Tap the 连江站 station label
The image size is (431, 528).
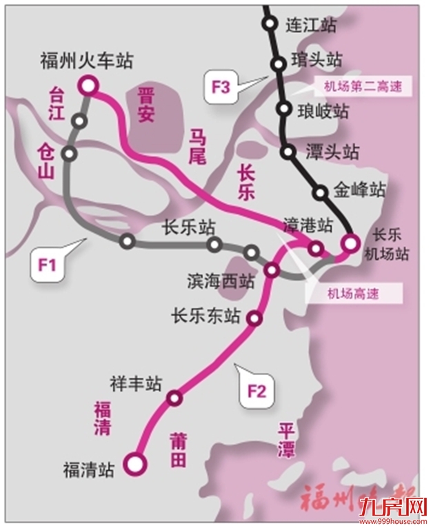click(x=310, y=26)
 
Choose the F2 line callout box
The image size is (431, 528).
click(x=257, y=392)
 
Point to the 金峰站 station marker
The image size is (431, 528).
click(x=320, y=192)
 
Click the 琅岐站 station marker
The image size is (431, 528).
click(x=283, y=108)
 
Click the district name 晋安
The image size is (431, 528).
click(x=146, y=104)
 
